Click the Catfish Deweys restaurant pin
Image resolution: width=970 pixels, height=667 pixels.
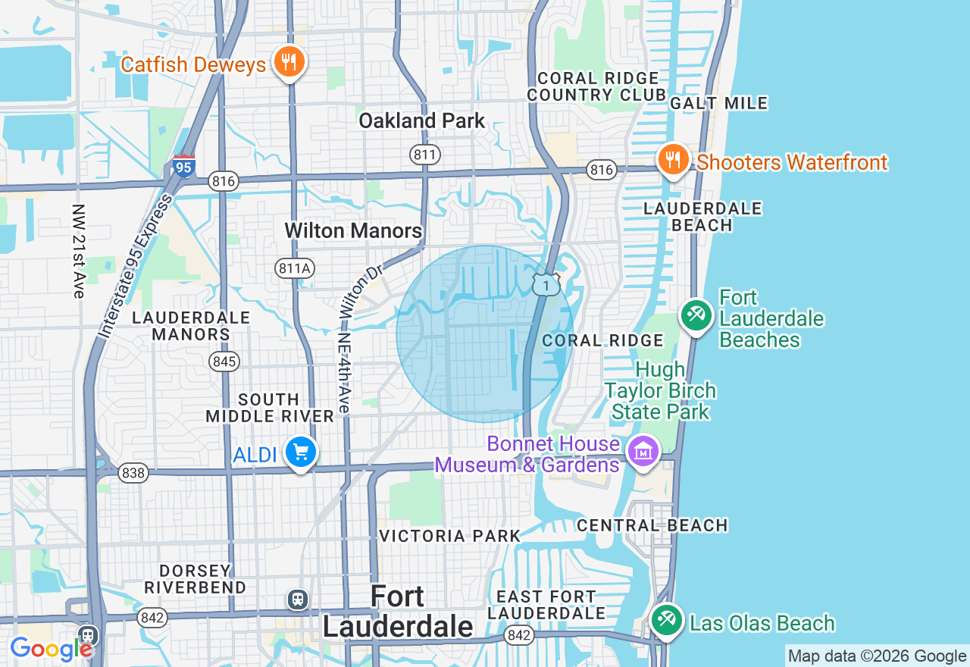(x=288, y=62)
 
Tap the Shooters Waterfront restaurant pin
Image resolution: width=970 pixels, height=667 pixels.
(x=672, y=160)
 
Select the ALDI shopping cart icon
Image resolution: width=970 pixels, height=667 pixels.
(x=301, y=452)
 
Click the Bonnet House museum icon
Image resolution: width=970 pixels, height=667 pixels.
(x=643, y=452)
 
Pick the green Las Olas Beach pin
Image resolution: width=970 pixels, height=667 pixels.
(x=666, y=620)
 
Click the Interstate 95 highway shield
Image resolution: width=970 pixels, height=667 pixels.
(x=183, y=166)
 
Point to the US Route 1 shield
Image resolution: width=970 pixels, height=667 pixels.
(x=546, y=284)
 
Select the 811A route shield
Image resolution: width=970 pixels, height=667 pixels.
(x=295, y=268)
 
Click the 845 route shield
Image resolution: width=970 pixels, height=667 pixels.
(x=224, y=362)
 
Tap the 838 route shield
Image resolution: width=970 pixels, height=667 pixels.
(x=133, y=473)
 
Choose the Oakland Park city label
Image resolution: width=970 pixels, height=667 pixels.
(x=421, y=121)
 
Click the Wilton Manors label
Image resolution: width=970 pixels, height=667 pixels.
(x=353, y=230)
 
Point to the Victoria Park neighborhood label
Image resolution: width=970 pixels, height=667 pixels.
(x=449, y=536)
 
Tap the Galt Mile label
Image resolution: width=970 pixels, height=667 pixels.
(x=718, y=103)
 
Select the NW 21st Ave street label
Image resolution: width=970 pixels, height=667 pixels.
(x=79, y=251)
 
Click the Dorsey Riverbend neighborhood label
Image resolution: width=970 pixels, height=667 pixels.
(x=196, y=579)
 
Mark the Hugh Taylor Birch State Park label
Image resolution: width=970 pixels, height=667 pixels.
(x=660, y=391)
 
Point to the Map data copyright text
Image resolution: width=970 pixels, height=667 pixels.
(x=877, y=656)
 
